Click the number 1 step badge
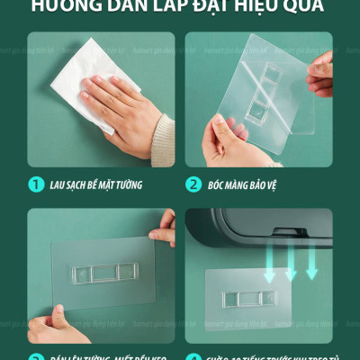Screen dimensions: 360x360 36,184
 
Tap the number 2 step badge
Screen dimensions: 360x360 193,184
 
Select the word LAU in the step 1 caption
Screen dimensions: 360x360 59,184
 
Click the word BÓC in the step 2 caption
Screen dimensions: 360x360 219,184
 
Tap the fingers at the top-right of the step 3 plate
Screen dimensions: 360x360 164,229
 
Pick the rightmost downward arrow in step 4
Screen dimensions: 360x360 311,257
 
